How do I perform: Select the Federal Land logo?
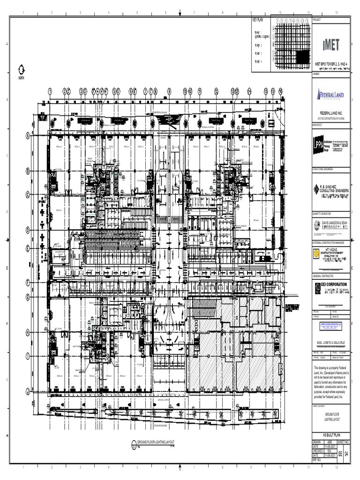click(331, 95)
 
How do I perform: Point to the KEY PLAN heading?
click(258, 20)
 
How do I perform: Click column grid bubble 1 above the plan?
click(50, 91)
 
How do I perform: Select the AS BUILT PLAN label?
click(331, 435)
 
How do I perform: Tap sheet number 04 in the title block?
click(346, 454)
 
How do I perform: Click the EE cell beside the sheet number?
click(340, 454)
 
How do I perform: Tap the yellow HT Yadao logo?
click(317, 254)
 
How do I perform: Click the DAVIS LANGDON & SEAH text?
click(334, 222)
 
